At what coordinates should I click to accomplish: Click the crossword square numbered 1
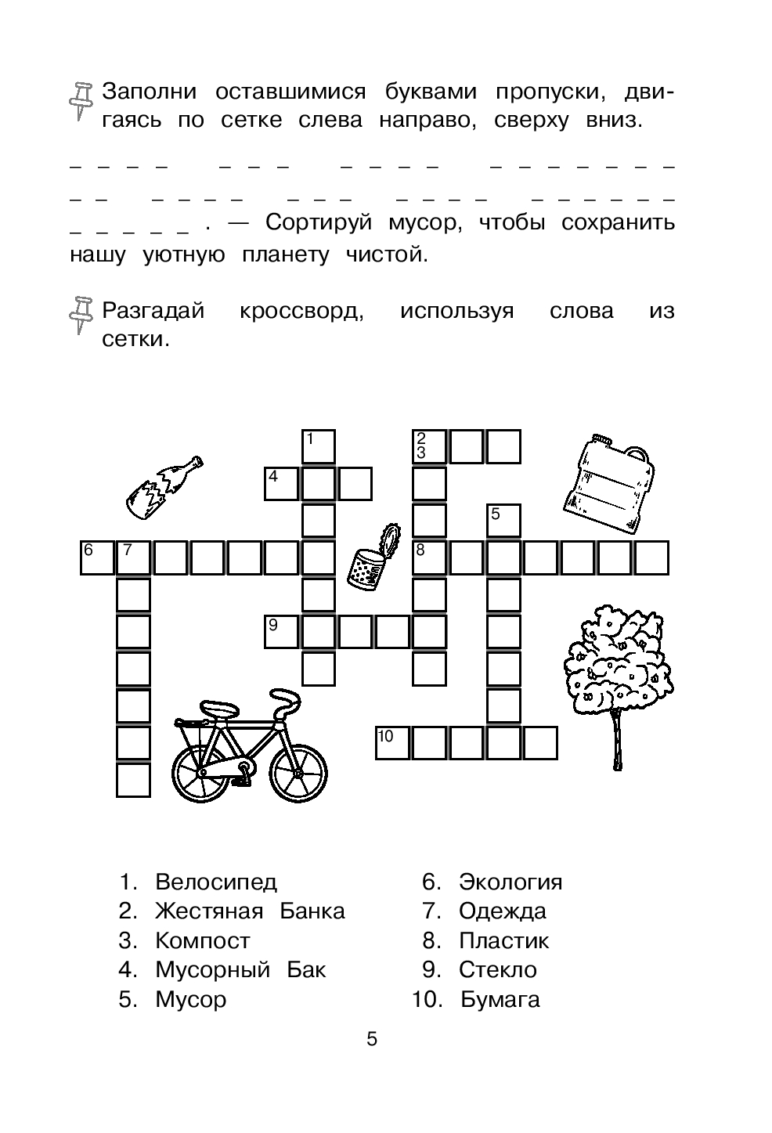[319, 446]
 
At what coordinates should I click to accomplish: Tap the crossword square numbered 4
[281, 483]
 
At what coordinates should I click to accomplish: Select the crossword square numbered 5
[503, 521]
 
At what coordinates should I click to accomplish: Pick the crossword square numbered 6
[97, 557]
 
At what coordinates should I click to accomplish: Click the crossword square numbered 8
[429, 557]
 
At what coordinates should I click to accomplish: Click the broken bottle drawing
[164, 487]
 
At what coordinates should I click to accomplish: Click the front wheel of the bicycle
[293, 772]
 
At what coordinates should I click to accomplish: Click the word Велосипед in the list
[216, 882]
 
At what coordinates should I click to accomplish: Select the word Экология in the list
[510, 882]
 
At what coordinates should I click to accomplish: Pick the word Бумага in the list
[500, 999]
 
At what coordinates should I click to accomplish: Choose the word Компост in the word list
[203, 940]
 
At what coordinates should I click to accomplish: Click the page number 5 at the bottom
[372, 1040]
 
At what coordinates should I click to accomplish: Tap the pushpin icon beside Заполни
[81, 100]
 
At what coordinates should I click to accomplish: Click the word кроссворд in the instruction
[301, 311]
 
